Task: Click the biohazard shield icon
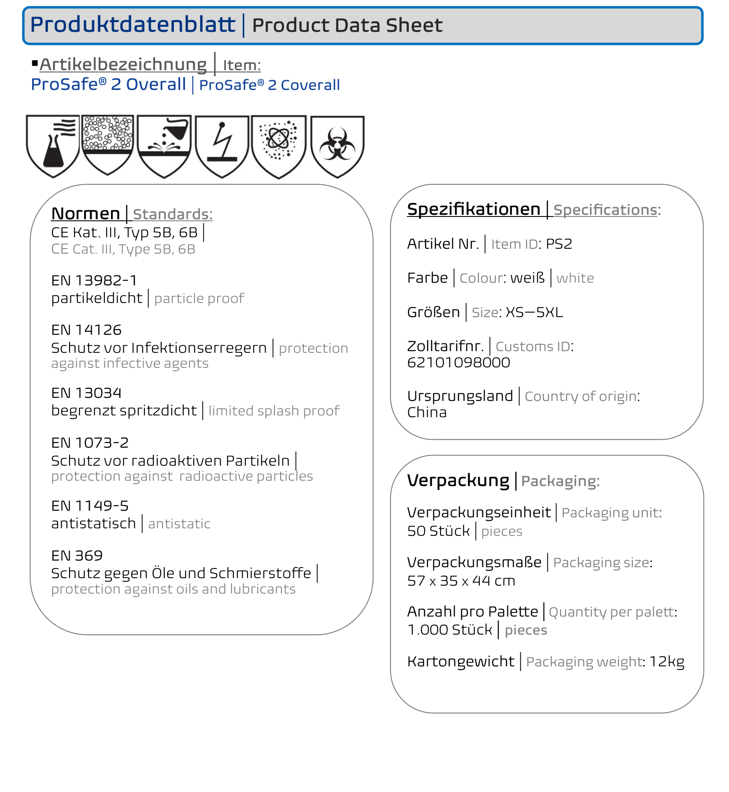tap(337, 146)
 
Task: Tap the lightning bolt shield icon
tap(222, 146)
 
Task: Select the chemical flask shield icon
tap(53, 146)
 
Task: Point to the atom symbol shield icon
tap(278, 146)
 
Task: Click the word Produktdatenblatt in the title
tap(133, 24)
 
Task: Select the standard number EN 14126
tap(86, 330)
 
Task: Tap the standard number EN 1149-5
tap(90, 506)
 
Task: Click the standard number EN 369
tap(77, 556)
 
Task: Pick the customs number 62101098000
tap(459, 362)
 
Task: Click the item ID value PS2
tap(559, 244)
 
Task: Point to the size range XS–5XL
tap(534, 312)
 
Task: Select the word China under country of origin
tap(427, 412)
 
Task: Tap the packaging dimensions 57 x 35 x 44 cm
tap(461, 581)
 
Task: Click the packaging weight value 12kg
tap(666, 661)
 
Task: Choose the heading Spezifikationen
tap(474, 209)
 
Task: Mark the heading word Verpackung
tap(458, 480)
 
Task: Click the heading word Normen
tap(85, 213)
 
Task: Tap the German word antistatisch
tap(93, 523)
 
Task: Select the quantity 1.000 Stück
tap(450, 630)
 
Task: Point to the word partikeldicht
tap(97, 298)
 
